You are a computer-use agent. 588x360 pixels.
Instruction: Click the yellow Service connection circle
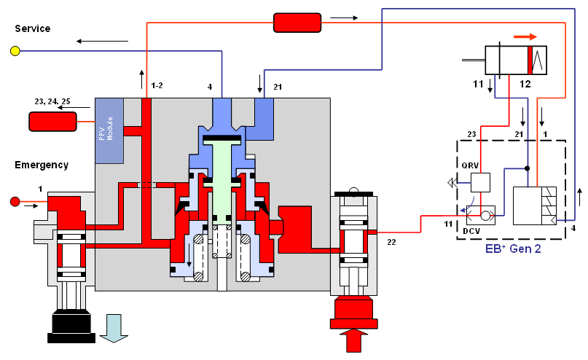click(15, 51)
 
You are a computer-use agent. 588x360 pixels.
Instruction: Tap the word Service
click(33, 28)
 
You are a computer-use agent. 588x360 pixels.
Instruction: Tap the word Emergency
click(42, 165)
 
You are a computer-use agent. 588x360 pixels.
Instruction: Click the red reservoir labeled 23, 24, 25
click(52, 122)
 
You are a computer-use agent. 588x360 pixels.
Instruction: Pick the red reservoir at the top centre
click(297, 23)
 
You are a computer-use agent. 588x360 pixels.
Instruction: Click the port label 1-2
click(157, 86)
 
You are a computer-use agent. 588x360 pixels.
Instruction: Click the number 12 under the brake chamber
click(525, 85)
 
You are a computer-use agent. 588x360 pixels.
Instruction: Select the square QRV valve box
click(480, 182)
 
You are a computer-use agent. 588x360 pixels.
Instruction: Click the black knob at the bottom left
click(71, 325)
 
